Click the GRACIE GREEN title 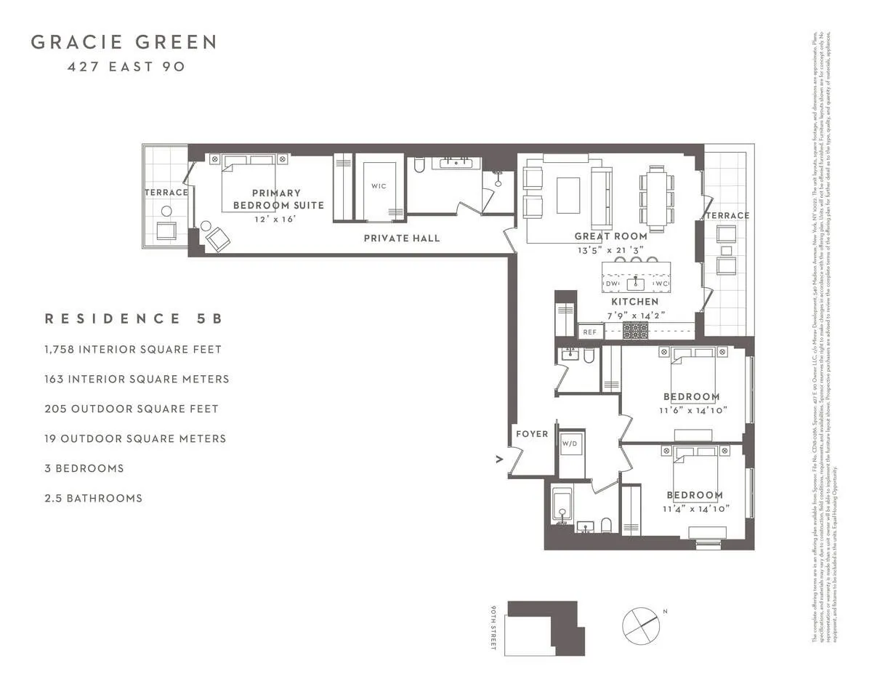[124, 42]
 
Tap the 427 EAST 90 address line [126, 67]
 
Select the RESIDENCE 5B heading [133, 318]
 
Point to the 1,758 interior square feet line [133, 349]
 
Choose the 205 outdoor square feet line [132, 409]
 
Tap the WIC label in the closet [378, 186]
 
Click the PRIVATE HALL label [401, 238]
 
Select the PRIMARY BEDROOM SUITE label [276, 198]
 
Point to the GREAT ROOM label [610, 236]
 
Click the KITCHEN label [634, 301]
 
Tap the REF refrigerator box [589, 332]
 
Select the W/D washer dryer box [570, 444]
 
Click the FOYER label [532, 433]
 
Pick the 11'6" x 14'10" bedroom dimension [693, 410]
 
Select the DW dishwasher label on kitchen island [612, 284]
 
